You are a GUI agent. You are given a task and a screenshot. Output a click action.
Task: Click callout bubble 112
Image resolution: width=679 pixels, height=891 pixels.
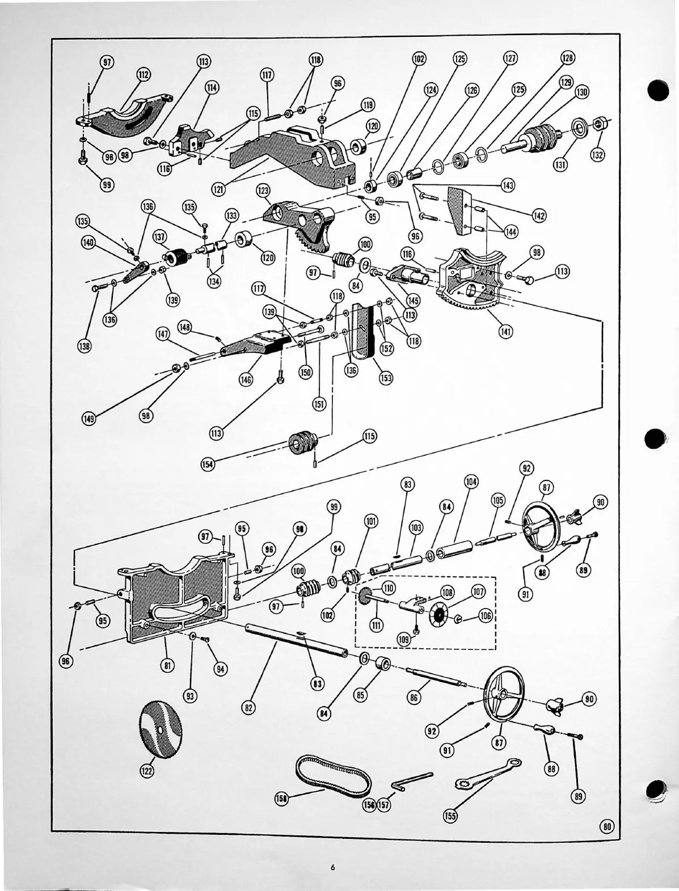143,75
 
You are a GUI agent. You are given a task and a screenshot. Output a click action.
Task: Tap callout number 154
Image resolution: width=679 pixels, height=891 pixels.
208,464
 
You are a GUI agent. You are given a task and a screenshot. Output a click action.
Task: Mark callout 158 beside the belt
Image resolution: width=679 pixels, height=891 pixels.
281,799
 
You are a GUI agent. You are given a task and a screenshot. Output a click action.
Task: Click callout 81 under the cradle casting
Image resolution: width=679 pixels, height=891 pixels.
167,666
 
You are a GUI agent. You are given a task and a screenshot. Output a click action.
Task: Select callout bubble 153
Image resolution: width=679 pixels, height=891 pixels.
386,377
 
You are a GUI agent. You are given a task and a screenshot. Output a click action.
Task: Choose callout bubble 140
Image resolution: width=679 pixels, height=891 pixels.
88,243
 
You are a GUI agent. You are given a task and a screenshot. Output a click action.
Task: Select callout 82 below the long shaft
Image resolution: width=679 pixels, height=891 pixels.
248,707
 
